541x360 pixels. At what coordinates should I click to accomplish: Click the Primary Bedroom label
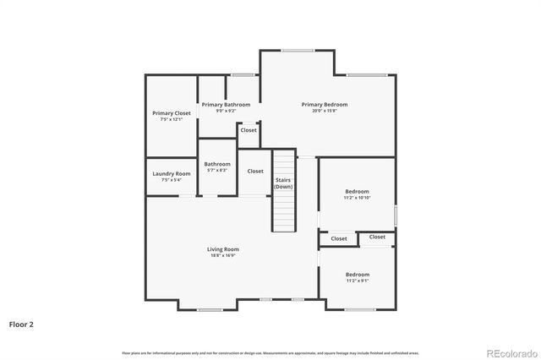click(325, 105)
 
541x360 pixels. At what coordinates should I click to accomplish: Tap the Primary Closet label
click(171, 113)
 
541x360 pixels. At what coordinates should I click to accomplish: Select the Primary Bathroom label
click(226, 105)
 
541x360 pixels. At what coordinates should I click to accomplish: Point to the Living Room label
click(223, 249)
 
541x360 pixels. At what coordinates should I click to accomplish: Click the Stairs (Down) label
click(283, 183)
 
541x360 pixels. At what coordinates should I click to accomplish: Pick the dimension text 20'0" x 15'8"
click(325, 111)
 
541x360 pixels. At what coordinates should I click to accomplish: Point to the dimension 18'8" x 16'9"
click(223, 255)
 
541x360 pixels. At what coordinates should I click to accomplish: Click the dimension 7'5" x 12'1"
click(171, 119)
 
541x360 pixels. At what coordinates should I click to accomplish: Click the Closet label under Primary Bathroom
click(249, 130)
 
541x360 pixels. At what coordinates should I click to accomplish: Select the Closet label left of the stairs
click(255, 171)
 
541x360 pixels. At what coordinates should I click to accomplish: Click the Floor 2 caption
click(21, 324)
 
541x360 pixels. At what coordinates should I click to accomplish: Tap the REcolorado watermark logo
click(510, 352)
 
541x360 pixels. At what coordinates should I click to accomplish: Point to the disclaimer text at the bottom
click(270, 352)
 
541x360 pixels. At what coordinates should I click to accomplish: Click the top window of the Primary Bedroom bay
click(298, 50)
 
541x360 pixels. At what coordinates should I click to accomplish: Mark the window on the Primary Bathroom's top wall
click(243, 75)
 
